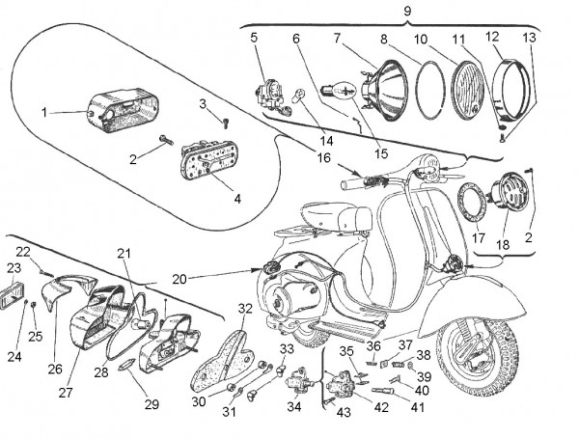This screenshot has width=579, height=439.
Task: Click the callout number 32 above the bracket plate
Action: (x=245, y=309)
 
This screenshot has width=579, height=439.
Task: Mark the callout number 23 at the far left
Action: (x=13, y=268)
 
